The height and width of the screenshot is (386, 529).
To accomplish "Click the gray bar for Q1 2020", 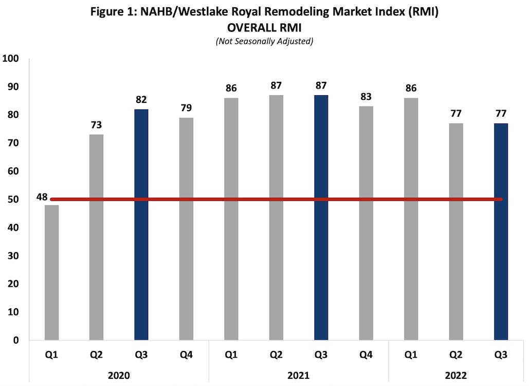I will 51,273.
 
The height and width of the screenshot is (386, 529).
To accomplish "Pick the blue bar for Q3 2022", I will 501,232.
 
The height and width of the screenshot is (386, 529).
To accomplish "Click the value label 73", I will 97,126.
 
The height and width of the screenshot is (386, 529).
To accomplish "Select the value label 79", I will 187,109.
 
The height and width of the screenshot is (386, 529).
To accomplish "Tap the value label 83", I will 366,97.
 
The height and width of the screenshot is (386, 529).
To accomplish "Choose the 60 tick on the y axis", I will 13,171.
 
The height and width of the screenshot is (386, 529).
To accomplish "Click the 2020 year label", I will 119,376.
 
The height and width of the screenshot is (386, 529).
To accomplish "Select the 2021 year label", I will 298,376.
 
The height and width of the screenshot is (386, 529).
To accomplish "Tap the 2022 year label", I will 455,376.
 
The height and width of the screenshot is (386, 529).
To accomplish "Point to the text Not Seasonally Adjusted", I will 264,41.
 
